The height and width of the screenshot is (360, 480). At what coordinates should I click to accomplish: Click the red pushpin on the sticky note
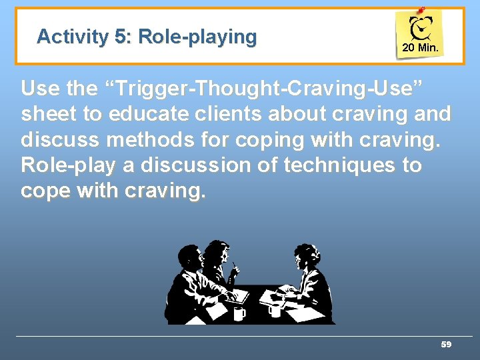(420, 11)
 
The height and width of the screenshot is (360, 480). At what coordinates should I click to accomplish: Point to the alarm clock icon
(421, 29)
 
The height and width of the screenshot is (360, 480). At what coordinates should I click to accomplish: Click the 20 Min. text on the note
(420, 49)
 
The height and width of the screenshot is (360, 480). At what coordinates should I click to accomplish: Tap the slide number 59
(446, 345)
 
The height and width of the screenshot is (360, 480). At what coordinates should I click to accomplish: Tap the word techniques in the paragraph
(325, 165)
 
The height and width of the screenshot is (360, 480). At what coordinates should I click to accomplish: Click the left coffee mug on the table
(239, 312)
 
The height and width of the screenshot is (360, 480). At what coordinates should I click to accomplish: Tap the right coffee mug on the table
(273, 310)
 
